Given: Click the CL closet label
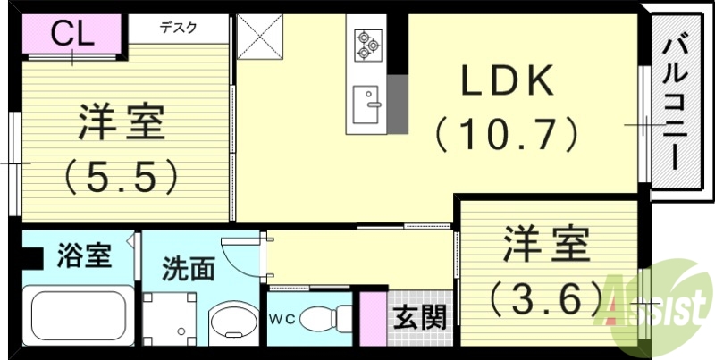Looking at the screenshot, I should coord(72,34).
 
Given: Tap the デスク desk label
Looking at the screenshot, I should coord(180,27).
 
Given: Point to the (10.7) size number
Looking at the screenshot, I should coord(507,136).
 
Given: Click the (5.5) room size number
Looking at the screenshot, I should coord(122,176).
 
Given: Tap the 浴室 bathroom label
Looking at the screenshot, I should coord(84,255).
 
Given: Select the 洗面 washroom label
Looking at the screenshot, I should coord(188,269).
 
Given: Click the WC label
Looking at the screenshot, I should coord(282,317).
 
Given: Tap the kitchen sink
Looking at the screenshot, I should coord(366,105).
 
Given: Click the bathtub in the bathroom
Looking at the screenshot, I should coord(78,314).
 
